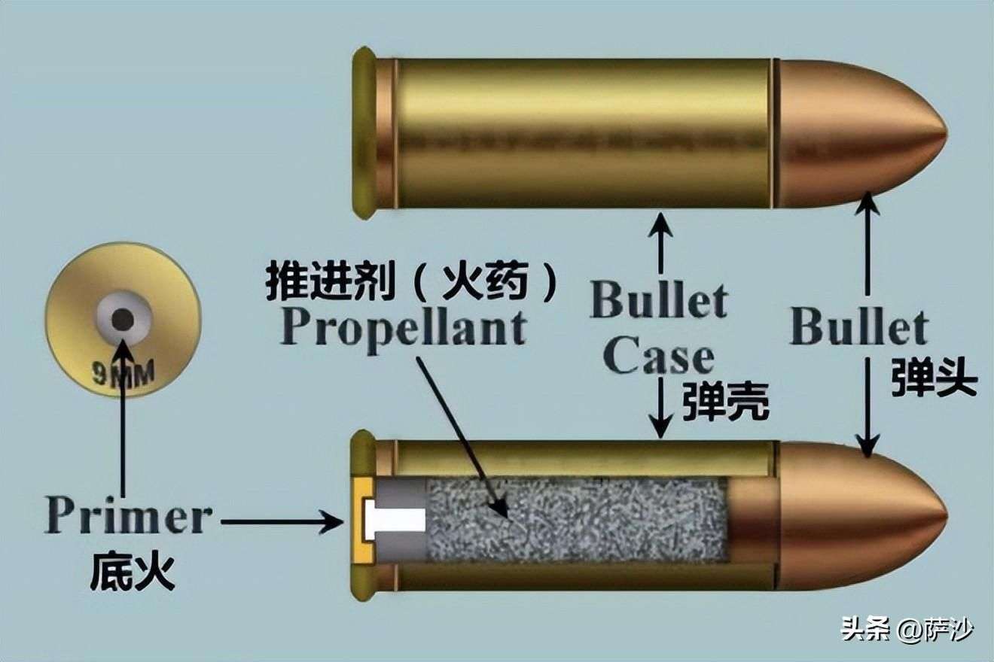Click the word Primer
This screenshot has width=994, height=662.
[129, 515]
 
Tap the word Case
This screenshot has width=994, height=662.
[658, 359]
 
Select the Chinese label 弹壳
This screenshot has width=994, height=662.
[725, 401]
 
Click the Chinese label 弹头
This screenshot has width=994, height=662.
[935, 377]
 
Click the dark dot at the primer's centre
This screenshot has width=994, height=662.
[123, 319]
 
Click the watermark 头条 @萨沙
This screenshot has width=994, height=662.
[907, 630]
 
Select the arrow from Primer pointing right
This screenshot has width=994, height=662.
[282, 521]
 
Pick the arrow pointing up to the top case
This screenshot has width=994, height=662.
[660, 243]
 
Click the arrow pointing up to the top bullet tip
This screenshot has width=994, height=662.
[867, 244]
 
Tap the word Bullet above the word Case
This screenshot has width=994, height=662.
[658, 302]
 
